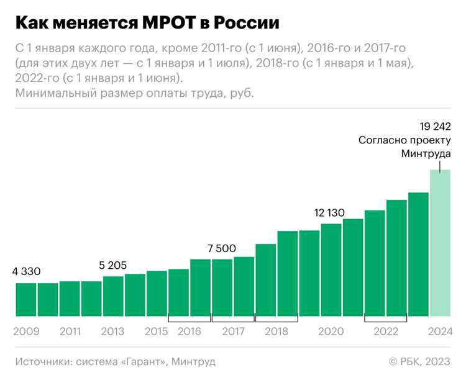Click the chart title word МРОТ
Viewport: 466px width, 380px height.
tap(164, 23)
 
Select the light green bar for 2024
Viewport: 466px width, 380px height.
tap(440, 243)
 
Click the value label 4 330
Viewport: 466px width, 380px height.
tap(26, 271)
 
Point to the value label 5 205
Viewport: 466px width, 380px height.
tap(112, 265)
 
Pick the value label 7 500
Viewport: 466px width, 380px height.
tap(222, 248)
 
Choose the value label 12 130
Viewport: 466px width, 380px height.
tap(330, 213)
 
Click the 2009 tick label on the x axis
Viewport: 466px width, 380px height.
tap(26, 332)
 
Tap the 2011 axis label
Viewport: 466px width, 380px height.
tap(70, 332)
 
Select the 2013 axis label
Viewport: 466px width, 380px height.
tap(113, 332)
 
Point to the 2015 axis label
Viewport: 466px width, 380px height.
tap(157, 332)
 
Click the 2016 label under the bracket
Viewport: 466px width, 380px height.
tap(190, 332)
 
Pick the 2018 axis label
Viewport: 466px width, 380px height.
tap(276, 332)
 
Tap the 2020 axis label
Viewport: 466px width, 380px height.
tap(331, 332)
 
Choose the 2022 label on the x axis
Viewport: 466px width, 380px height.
tap(385, 332)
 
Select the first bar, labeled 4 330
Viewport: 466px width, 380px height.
tap(26, 299)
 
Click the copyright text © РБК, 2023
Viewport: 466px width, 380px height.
tap(419, 361)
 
